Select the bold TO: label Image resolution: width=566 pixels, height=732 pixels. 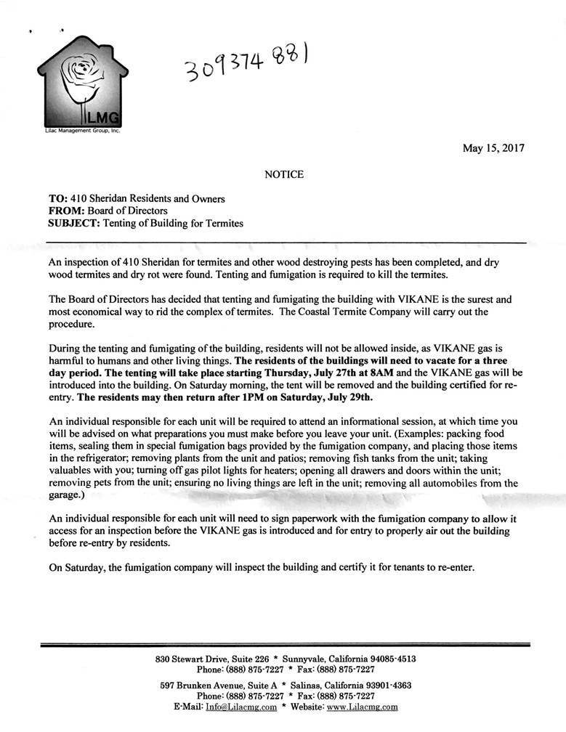58,199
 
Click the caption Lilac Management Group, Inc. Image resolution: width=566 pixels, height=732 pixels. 82,131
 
